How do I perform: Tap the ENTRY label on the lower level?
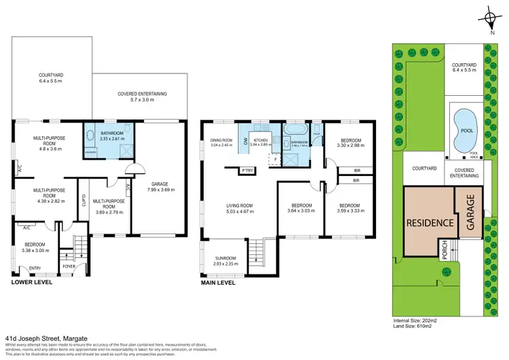coord(35,268)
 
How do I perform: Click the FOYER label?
coord(69,266)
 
